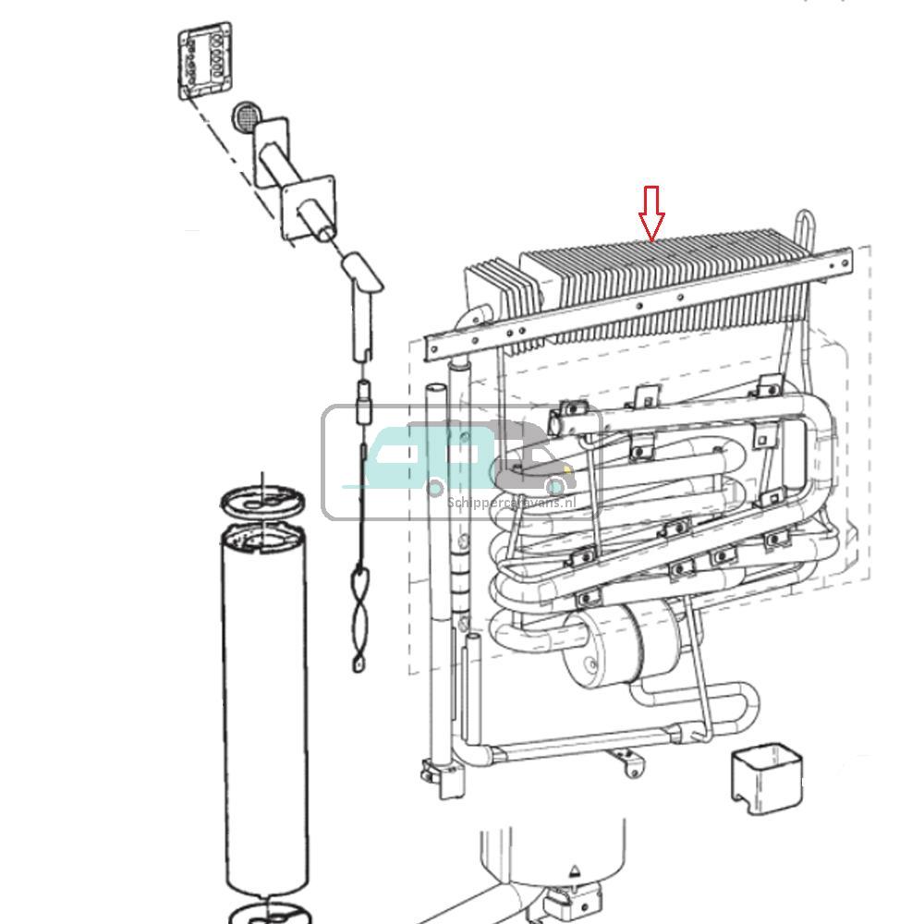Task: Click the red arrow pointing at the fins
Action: [652, 212]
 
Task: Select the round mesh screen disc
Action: [246, 116]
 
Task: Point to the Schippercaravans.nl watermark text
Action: [511, 503]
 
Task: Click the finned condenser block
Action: [665, 277]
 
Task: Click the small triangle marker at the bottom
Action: [575, 870]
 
